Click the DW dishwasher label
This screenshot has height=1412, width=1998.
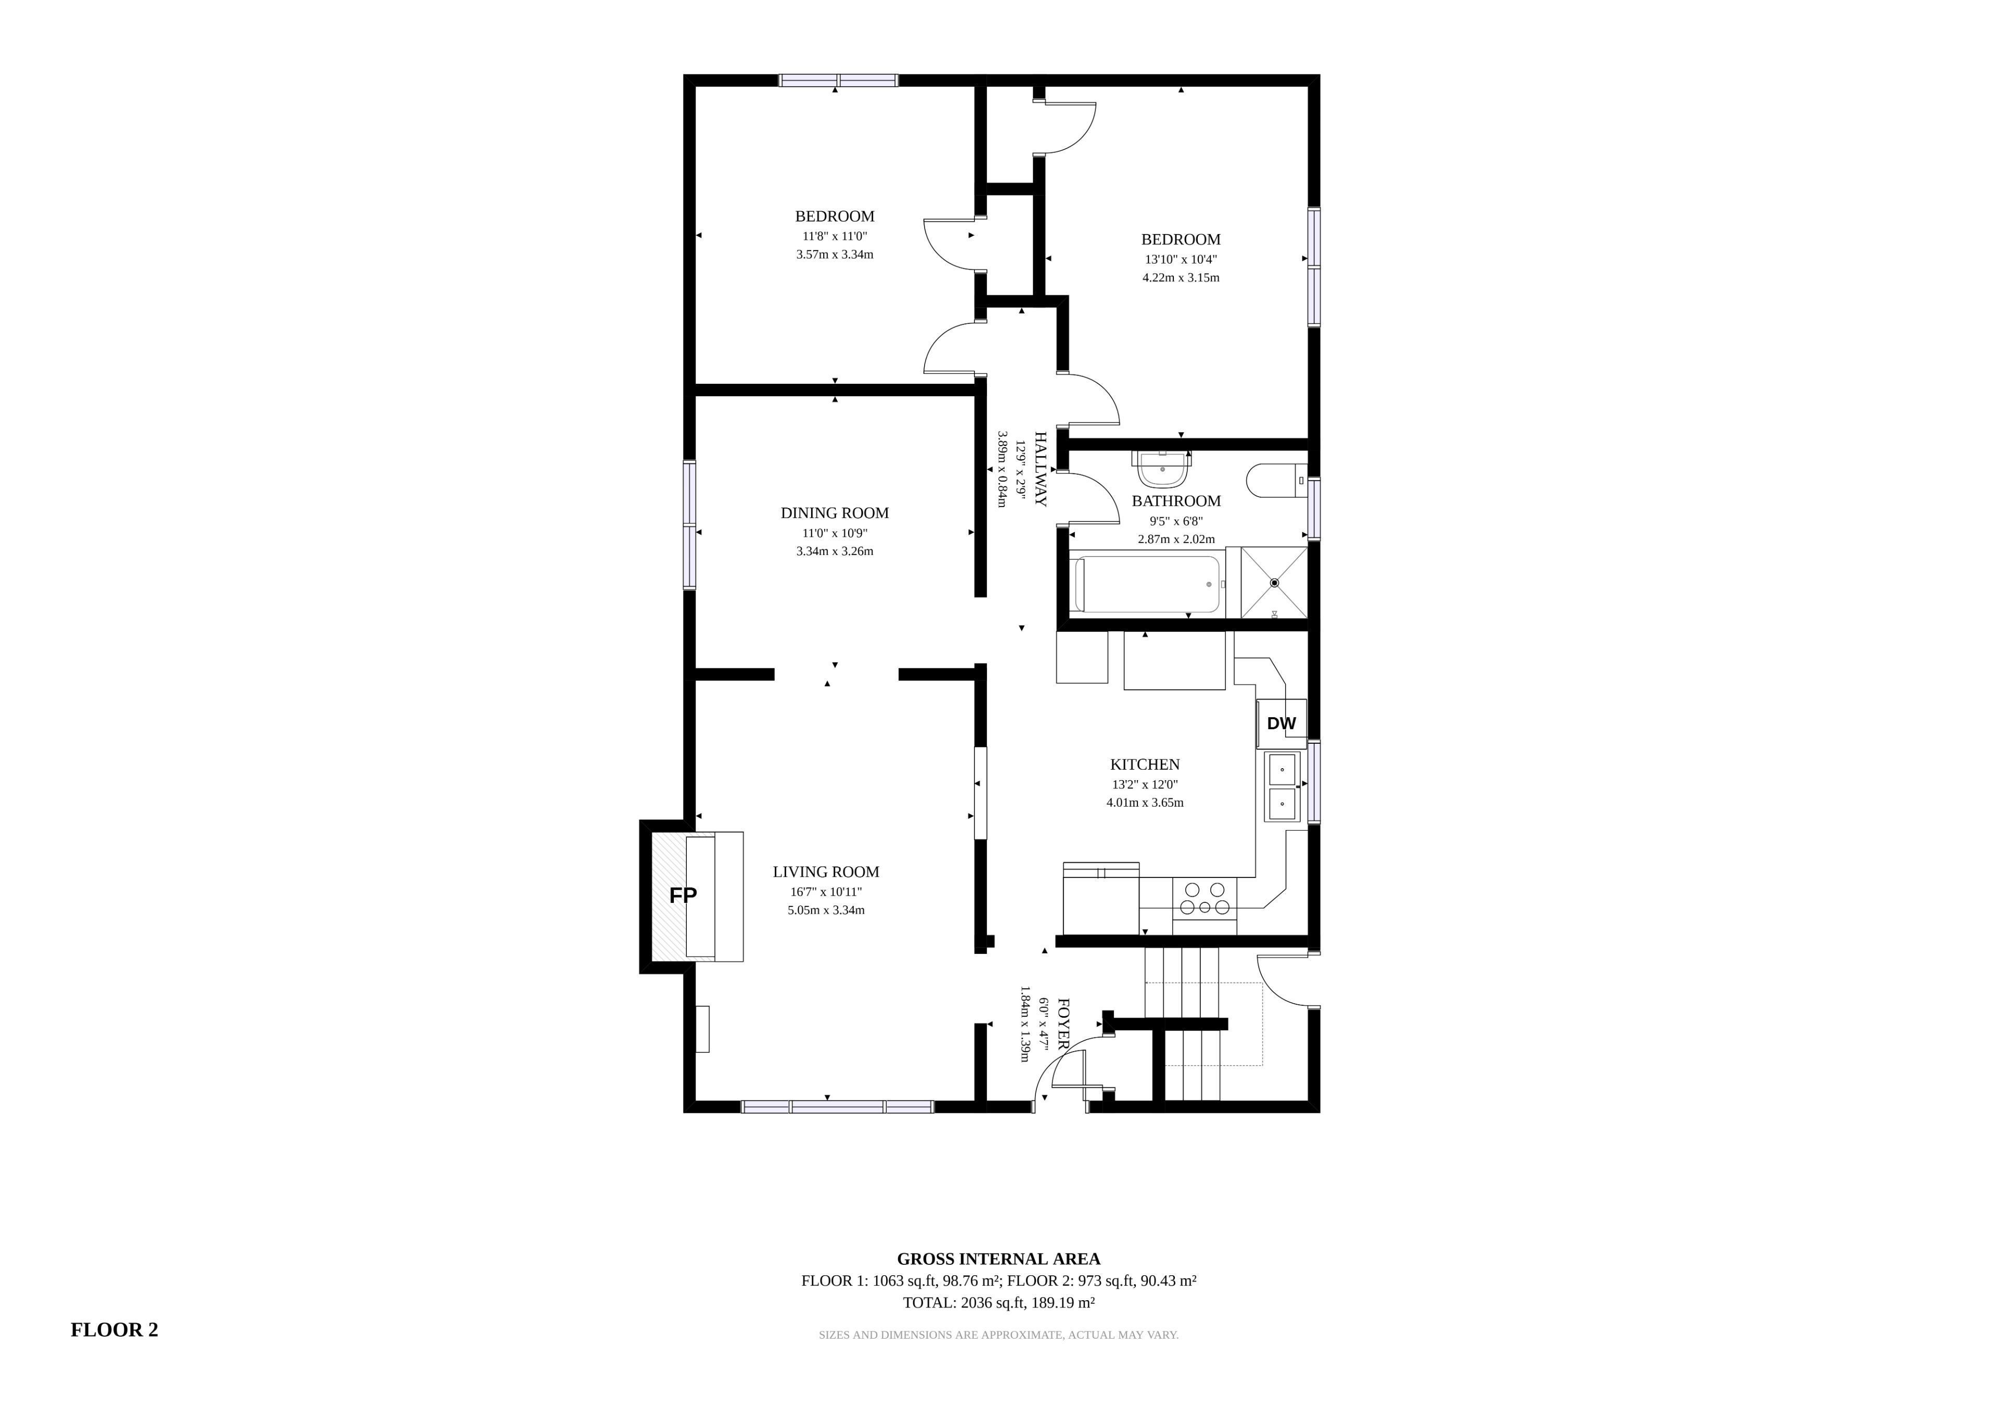(1281, 723)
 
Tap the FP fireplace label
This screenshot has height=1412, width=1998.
(683, 895)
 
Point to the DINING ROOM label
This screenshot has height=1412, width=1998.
(835, 513)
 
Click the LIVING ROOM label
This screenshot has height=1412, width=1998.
(826, 872)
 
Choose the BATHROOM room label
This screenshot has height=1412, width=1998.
(1176, 501)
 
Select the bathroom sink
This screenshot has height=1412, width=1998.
(1162, 470)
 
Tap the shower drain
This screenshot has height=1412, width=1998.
(1274, 583)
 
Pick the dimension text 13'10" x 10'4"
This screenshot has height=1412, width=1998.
(1181, 260)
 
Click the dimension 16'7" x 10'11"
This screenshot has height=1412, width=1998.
(826, 892)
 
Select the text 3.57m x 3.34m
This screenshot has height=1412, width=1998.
(835, 255)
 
